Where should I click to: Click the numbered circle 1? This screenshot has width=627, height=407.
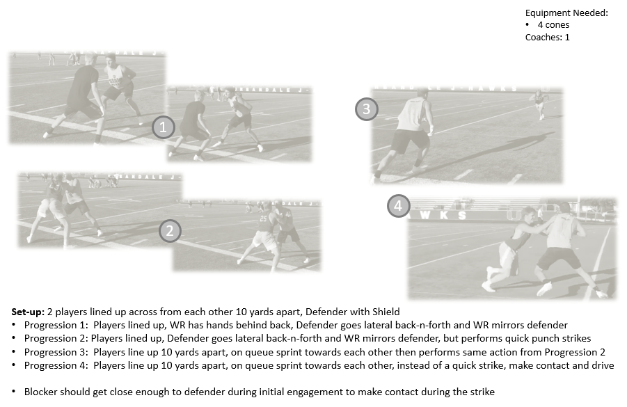click(x=163, y=127)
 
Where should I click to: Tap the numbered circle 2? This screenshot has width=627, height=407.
click(x=170, y=231)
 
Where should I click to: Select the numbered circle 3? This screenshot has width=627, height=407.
click(x=367, y=109)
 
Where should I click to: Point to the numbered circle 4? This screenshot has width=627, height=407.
click(x=398, y=206)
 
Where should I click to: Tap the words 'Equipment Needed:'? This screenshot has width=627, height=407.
click(x=566, y=13)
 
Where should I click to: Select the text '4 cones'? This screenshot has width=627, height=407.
click(x=553, y=25)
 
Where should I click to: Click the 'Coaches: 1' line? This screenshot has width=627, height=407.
click(x=548, y=37)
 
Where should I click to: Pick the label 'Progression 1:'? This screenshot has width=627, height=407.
click(x=56, y=325)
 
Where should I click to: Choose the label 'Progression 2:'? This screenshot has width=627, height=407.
click(x=56, y=339)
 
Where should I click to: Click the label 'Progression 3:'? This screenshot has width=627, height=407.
click(x=56, y=352)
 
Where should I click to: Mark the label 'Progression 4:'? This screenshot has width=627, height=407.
click(x=56, y=365)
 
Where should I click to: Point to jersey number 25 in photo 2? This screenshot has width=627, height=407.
click(x=263, y=218)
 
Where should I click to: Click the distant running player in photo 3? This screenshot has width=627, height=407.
click(x=541, y=104)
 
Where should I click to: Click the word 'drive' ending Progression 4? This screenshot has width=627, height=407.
click(x=603, y=365)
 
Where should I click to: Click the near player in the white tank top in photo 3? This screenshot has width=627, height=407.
click(x=404, y=134)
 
